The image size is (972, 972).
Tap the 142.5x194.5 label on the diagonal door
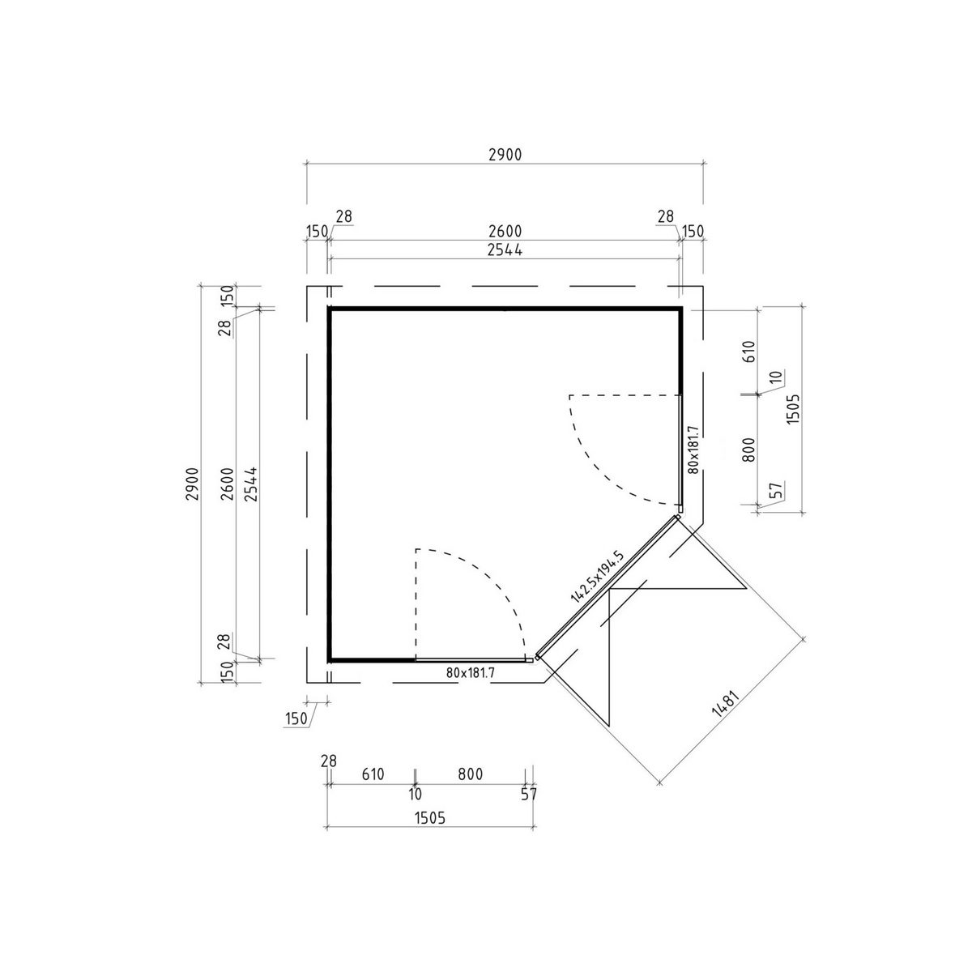click(x=598, y=577)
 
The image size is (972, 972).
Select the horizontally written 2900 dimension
click(x=505, y=155)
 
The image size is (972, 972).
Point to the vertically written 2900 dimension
click(x=194, y=484)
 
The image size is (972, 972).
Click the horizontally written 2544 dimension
click(x=505, y=249)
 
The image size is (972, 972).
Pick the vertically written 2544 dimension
click(x=250, y=484)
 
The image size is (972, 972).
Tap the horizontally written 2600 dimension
click(x=505, y=232)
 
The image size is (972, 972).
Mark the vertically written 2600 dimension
click(x=228, y=484)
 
